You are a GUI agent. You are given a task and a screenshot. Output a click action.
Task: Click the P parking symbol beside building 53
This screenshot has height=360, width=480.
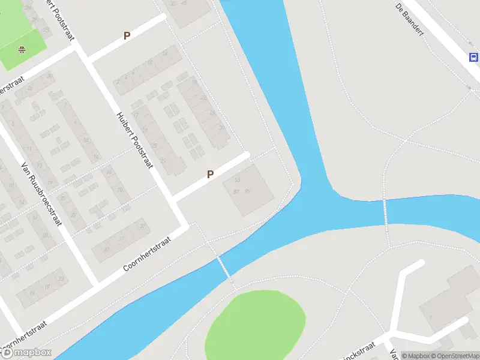[x=210, y=175]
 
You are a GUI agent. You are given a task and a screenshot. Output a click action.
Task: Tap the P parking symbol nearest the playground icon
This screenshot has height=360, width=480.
[x=127, y=36]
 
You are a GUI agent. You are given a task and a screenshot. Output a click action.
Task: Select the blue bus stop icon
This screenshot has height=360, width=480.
[x=473, y=58]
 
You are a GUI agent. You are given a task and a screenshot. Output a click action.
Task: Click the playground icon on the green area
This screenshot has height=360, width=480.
[x=22, y=50]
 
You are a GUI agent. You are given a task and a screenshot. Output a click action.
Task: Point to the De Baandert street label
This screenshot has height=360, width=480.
[x=410, y=18]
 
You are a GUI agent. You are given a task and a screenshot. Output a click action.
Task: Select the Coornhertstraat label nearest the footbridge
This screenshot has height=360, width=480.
[x=147, y=253]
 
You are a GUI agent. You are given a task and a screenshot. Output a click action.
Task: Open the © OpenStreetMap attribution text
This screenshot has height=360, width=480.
[x=454, y=356]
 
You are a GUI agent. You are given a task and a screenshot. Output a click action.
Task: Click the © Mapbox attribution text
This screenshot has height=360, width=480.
[x=413, y=356]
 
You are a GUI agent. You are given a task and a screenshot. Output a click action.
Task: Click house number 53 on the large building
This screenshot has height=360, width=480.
[x=238, y=179]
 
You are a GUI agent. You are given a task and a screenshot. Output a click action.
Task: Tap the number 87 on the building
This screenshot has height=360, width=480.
[x=236, y=191]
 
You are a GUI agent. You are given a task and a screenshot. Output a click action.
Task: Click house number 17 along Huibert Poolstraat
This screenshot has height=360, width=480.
[x=136, y=115]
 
